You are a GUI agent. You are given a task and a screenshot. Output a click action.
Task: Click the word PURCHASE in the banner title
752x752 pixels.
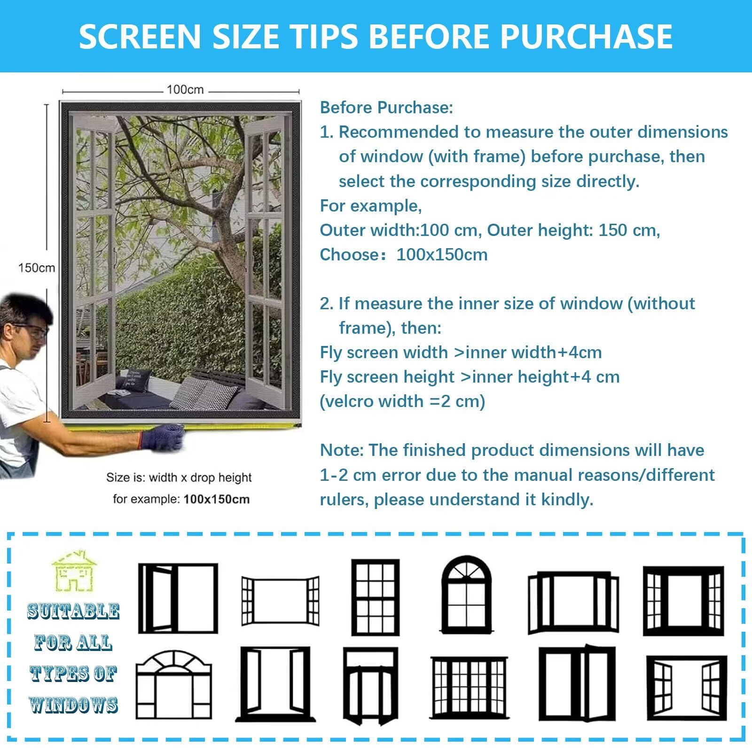point(587,36)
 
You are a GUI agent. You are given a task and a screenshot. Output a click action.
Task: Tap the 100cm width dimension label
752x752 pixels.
point(185,89)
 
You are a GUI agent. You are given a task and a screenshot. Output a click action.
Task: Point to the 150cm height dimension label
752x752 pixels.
point(37,268)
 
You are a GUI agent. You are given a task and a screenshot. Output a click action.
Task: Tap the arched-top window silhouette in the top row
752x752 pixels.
point(467,595)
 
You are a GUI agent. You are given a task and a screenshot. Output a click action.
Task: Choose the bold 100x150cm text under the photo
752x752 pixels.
point(217,499)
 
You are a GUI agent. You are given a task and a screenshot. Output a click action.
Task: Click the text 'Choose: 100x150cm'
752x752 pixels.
point(404,255)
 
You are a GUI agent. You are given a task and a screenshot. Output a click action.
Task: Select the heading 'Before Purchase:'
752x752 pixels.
point(386,108)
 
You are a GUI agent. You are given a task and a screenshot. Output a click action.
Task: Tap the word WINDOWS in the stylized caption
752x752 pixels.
point(73,705)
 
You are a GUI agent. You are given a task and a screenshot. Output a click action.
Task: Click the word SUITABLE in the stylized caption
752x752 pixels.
point(73,611)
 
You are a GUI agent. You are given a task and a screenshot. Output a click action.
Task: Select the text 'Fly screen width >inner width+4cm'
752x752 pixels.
point(461,352)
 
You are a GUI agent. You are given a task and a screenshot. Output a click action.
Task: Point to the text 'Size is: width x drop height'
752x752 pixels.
point(179,478)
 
